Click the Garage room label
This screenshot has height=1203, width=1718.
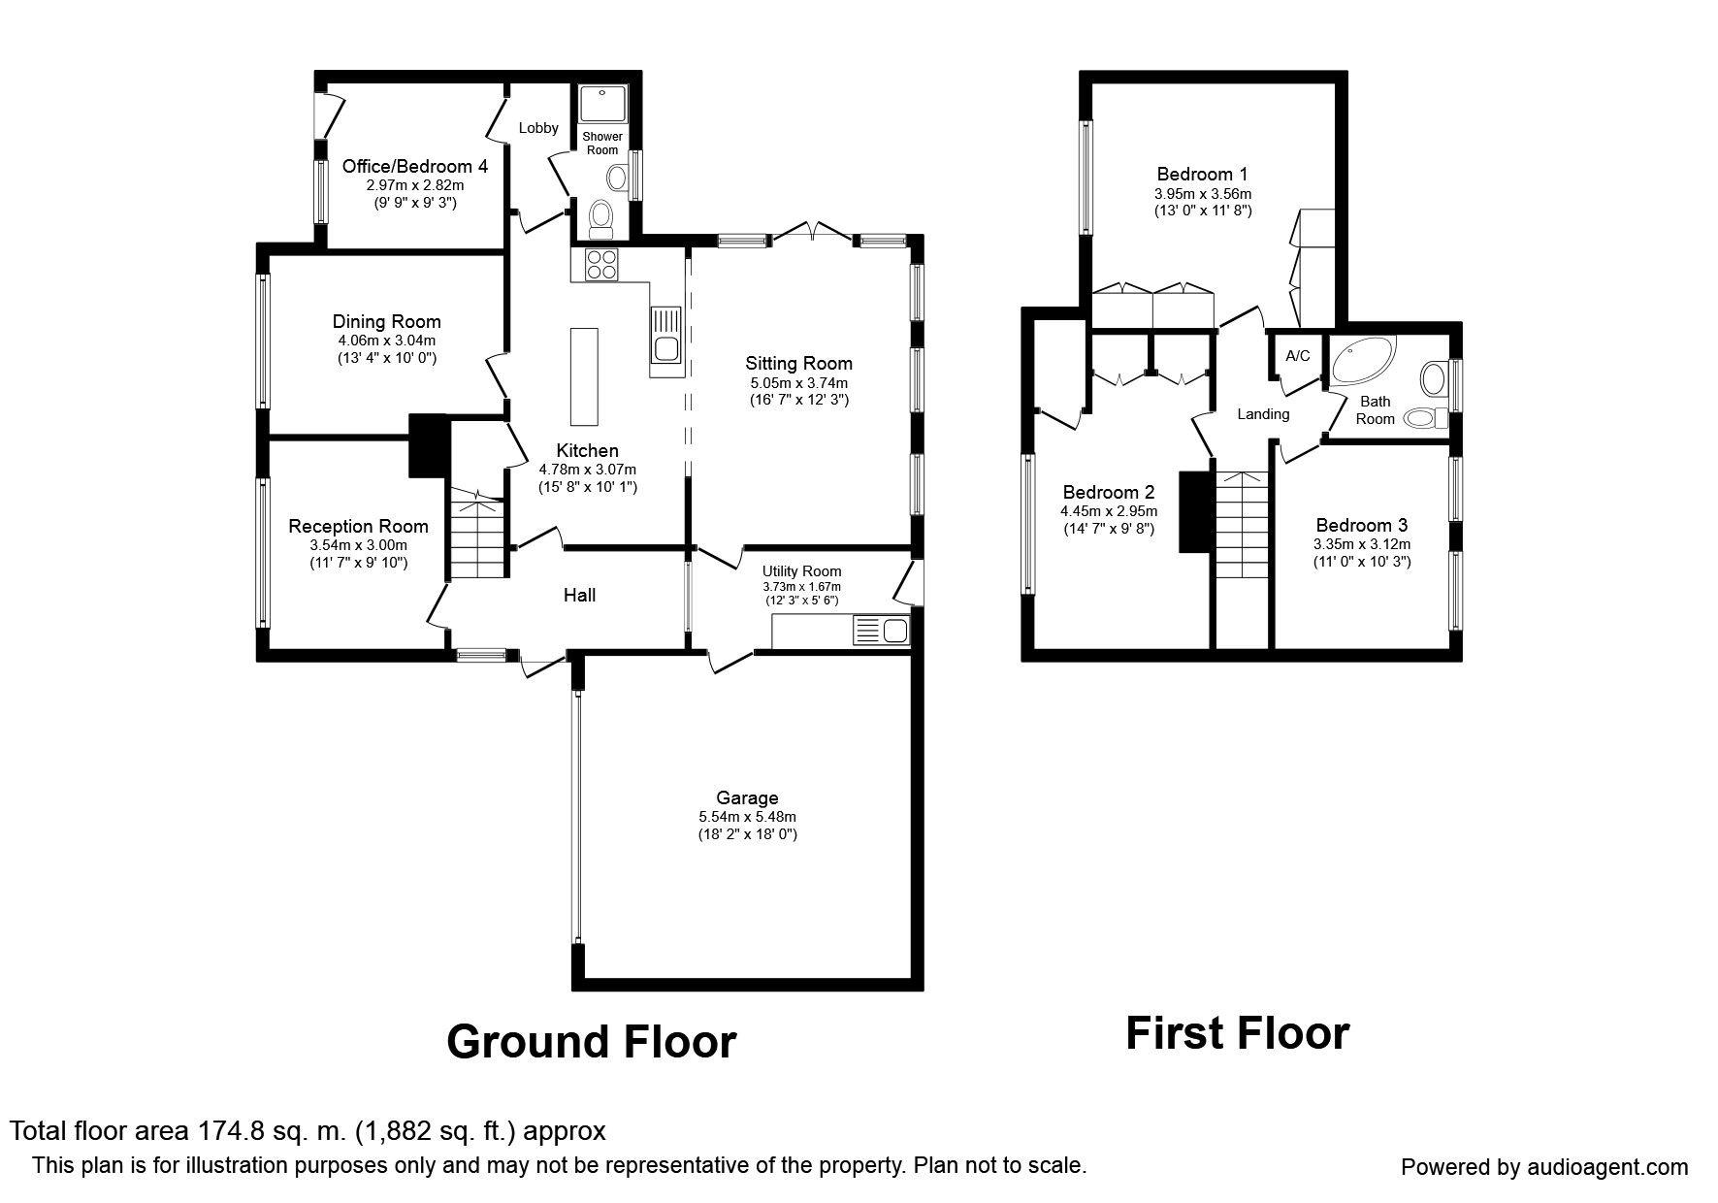coord(747,798)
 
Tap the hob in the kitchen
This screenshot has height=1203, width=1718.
coord(601,265)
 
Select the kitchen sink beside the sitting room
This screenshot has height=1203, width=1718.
coord(666,341)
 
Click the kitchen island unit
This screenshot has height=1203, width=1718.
coord(585,376)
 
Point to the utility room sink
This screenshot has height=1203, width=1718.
coord(882,632)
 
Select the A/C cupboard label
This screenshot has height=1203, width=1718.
coord(1298,356)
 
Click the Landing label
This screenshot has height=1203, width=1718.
coord(1263,414)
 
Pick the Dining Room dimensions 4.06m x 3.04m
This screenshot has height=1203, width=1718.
coord(386,341)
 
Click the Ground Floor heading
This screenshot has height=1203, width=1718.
coord(592,1042)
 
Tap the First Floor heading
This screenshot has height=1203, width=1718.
coord(1237,1033)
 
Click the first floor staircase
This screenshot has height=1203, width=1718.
coord(1243,558)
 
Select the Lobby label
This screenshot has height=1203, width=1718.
coord(538,128)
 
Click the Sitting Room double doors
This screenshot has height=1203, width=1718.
coord(812,231)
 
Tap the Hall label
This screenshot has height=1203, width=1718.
coord(580,595)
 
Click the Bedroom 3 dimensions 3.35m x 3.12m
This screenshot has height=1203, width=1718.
coord(1362,544)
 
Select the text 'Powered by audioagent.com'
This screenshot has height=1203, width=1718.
coord(1544,1167)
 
